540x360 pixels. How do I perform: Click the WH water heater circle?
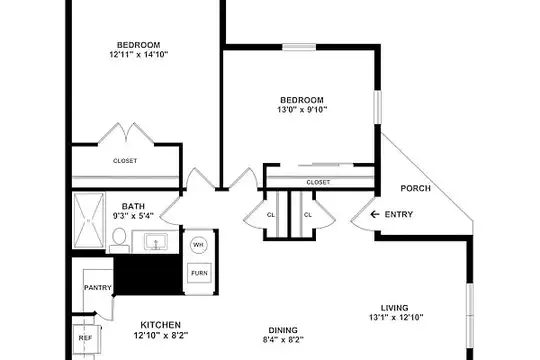(198, 245)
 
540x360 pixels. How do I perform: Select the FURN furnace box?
(199, 273)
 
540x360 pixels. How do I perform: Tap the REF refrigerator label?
(85, 338)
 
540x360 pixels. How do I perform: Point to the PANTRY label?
(98, 287)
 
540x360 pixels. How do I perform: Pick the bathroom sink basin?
(156, 241)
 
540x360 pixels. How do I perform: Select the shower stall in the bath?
(89, 220)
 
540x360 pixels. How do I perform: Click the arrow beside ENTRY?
(375, 214)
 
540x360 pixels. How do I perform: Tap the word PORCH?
(416, 188)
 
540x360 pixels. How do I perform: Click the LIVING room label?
(395, 308)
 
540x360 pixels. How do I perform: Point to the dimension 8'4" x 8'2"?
(283, 340)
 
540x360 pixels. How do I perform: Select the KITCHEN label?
(160, 325)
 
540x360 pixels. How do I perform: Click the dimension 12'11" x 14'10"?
(139, 54)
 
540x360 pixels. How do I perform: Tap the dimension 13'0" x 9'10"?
(302, 110)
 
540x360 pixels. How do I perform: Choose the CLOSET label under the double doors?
(125, 161)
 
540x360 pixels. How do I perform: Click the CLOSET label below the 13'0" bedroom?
(318, 182)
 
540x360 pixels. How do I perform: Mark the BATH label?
(133, 207)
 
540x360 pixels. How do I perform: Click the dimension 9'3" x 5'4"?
(133, 216)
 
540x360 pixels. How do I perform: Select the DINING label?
(283, 330)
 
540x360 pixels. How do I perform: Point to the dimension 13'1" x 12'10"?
(396, 317)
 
